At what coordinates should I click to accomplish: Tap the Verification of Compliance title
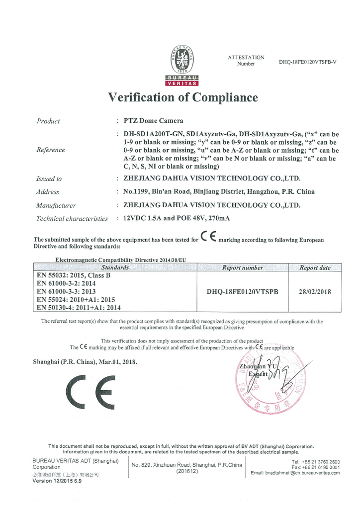(x=183, y=97)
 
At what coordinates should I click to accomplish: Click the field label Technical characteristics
(x=72, y=219)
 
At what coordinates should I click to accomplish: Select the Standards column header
(x=115, y=267)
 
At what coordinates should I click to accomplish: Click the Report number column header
(x=242, y=267)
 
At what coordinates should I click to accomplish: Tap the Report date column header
(x=315, y=267)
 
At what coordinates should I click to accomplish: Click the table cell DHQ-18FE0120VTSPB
(x=242, y=292)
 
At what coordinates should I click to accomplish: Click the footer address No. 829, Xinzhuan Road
(x=186, y=465)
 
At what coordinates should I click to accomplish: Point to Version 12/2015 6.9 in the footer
(x=57, y=481)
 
